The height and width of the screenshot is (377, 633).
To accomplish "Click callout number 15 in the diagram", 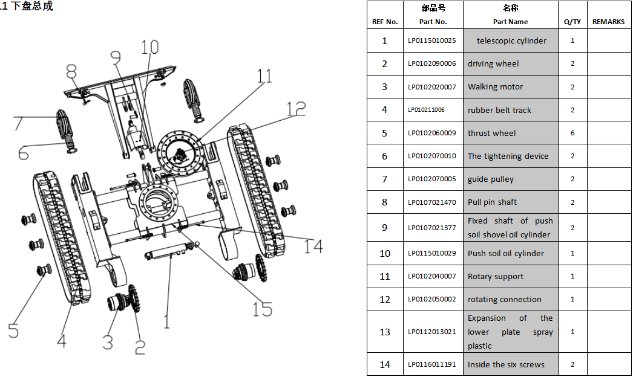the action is coord(263,310).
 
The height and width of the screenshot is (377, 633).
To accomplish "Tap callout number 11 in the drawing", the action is coord(264,76).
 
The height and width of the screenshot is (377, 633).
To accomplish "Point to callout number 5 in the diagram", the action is coord(13,330).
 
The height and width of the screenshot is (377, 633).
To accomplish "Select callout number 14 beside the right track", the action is coord(313,246).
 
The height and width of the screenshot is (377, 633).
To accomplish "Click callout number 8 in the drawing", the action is coord(71,71).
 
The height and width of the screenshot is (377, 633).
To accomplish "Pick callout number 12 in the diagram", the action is coord(297,109).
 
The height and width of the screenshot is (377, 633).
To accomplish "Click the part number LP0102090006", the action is coord(432,63).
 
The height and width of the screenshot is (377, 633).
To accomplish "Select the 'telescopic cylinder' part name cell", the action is coord(511,40).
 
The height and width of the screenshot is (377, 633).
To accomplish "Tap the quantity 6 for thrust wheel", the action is coord(572,133).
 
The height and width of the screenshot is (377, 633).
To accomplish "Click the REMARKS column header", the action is coord(608,22).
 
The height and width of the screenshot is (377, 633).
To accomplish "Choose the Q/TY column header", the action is coord(572,22).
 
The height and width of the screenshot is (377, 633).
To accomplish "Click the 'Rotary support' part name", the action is coord(496,277).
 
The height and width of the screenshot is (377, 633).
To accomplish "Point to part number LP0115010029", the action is coord(432,253).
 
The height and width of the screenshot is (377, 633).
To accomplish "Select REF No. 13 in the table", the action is coord(385,332).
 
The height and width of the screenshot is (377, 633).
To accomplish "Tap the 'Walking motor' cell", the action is coord(511,86).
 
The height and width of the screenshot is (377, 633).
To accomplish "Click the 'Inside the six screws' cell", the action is coord(511,364).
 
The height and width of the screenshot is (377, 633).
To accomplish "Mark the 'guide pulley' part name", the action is coord(491,179).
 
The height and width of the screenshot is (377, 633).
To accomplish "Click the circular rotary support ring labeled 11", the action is coord(180,153).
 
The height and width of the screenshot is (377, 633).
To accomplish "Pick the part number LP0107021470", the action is coord(432,202).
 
